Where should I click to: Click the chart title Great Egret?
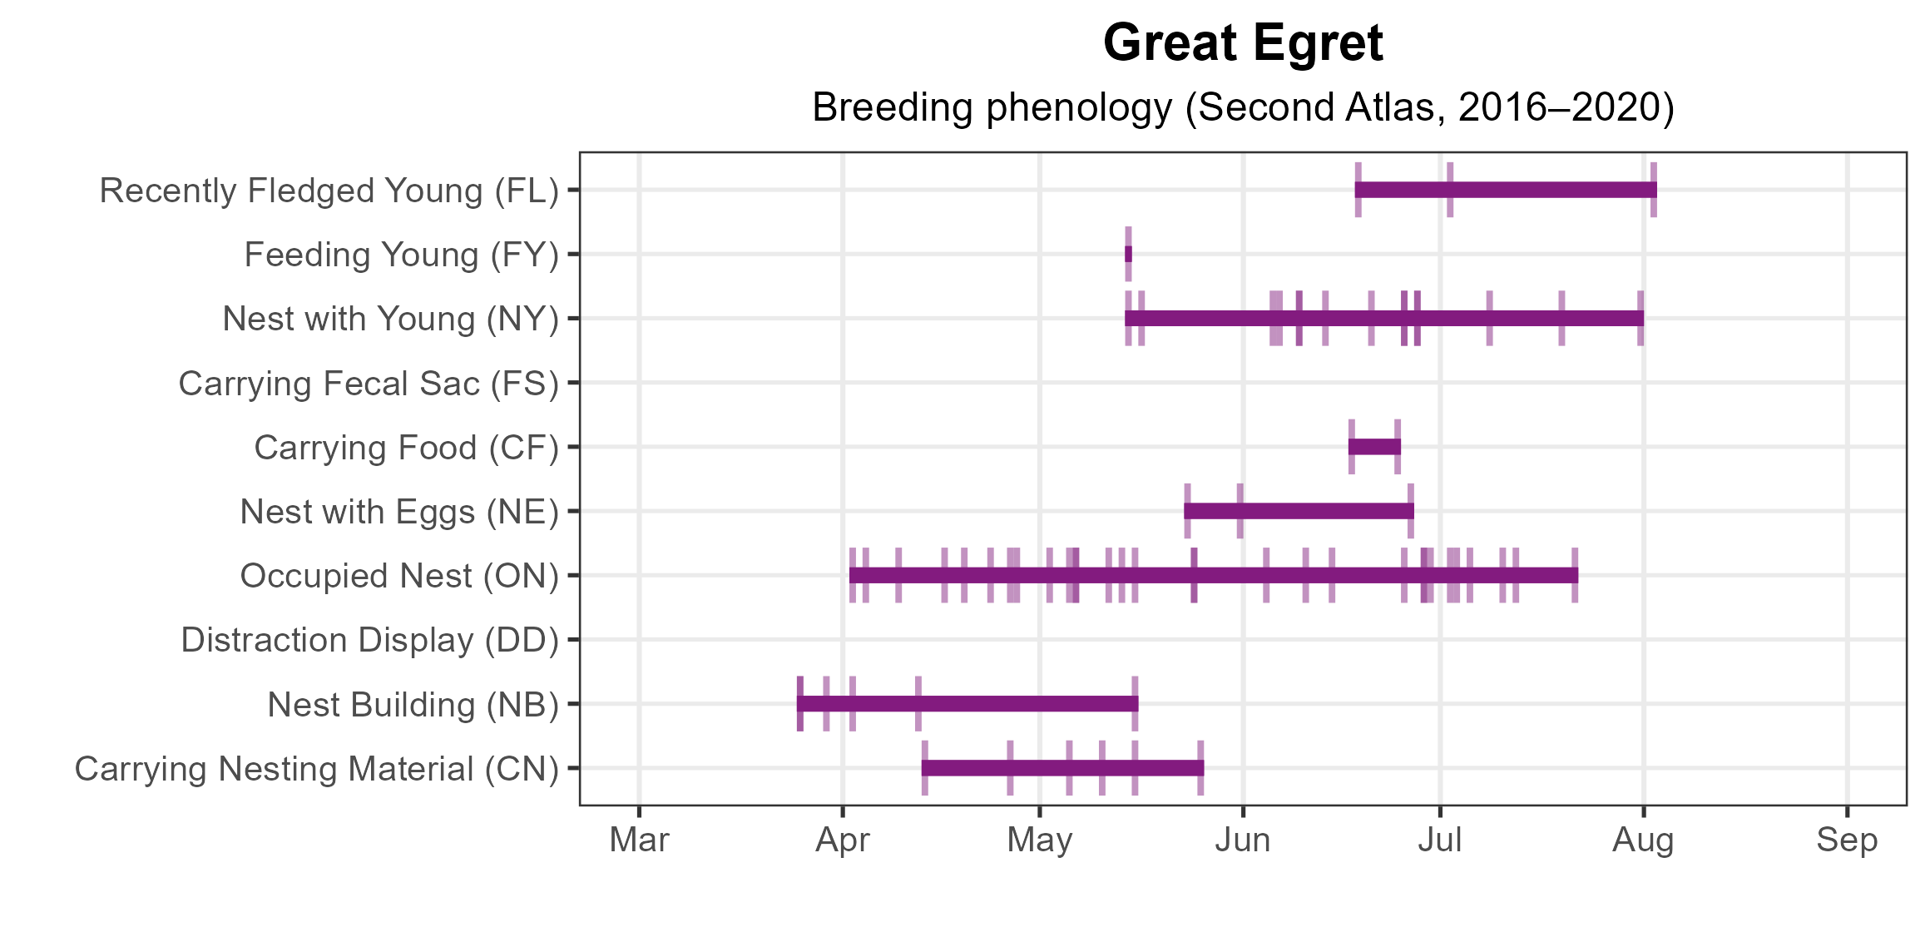(x=1243, y=43)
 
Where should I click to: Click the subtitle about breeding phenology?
(x=1243, y=107)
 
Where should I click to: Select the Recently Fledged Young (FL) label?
(x=329, y=191)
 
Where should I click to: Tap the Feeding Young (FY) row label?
(x=401, y=255)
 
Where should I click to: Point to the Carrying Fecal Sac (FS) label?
(x=369, y=384)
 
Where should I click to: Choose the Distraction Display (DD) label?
(x=369, y=640)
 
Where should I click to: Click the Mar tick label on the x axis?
(x=639, y=840)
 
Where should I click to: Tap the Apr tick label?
(x=843, y=840)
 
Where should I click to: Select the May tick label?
(x=1040, y=840)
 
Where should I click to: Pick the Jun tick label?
(x=1243, y=840)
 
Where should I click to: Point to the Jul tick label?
(x=1440, y=840)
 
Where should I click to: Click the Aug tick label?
(x=1643, y=840)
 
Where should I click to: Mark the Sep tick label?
(x=1847, y=840)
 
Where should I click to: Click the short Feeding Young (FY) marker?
(x=1128, y=254)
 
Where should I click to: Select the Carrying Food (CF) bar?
(x=1374, y=447)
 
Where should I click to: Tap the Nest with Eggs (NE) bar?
(x=1299, y=511)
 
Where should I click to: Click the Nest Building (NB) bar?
(x=967, y=704)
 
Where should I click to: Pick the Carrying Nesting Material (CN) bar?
(x=1062, y=768)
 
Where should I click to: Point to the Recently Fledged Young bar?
(x=1506, y=190)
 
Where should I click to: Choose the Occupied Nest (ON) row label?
(x=399, y=576)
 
